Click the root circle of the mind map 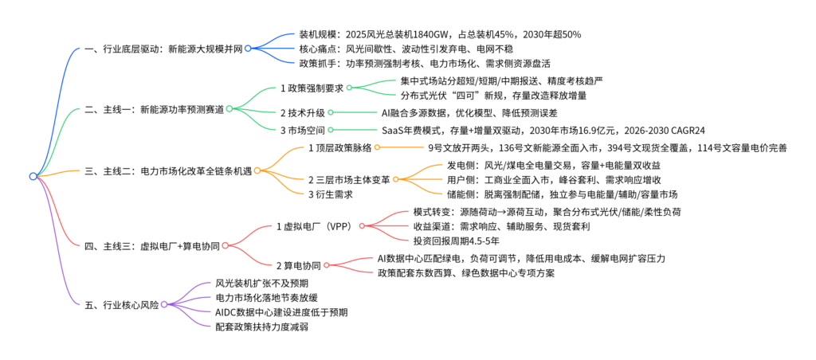(33, 176)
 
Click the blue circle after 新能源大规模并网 (248, 49)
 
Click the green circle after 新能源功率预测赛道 (228, 109)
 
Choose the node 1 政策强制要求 (312, 88)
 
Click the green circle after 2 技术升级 (330, 112)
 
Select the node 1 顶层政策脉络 (339, 147)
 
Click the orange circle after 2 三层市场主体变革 (395, 179)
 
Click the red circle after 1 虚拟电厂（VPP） (362, 226)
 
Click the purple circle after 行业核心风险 (163, 304)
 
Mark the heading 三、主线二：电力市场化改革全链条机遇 (167, 170)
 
